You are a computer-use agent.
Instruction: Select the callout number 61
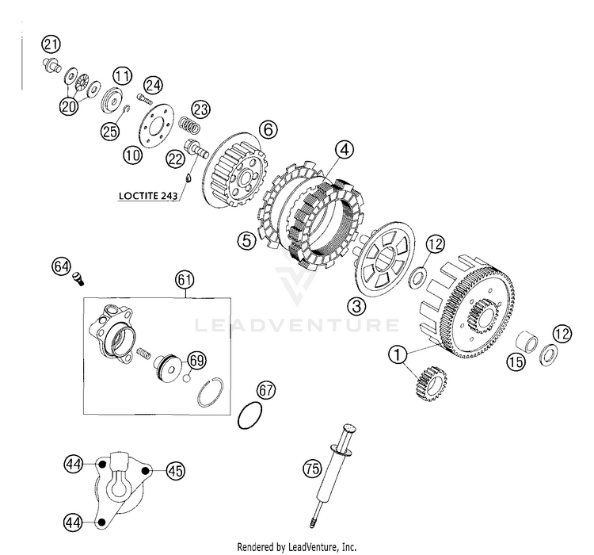(185, 280)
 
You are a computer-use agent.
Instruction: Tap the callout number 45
(175, 470)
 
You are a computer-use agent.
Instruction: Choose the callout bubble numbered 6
(268, 128)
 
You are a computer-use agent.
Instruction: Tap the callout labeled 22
(176, 159)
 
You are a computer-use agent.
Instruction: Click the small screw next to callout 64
(79, 278)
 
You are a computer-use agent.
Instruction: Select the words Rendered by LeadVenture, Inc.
(296, 547)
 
